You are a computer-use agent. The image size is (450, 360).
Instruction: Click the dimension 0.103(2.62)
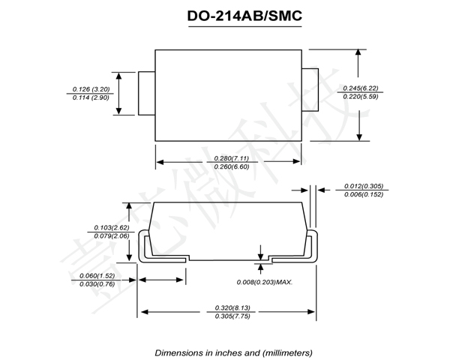tap(112, 226)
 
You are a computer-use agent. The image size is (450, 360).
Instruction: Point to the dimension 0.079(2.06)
tap(112, 236)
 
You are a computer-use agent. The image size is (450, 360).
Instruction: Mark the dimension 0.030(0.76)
tap(97, 285)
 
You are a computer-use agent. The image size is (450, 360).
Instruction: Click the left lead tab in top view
tap(147, 94)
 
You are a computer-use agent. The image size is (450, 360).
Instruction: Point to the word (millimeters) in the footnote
tap(283, 352)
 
